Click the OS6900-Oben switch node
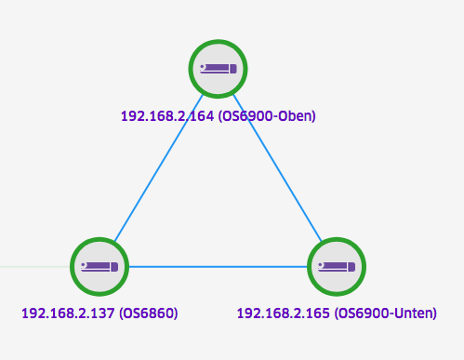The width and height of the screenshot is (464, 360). tap(218, 69)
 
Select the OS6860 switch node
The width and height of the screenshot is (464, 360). tap(99, 267)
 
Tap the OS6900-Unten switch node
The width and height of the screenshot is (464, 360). tap(337, 267)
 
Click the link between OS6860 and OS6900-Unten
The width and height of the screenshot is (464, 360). tap(219, 267)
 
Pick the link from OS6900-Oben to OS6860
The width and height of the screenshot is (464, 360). tap(159, 168)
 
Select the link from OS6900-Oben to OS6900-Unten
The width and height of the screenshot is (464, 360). tap(277, 168)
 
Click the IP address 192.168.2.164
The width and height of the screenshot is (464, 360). tap(167, 116)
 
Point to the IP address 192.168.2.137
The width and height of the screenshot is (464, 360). tap(68, 313)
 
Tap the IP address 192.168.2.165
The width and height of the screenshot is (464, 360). tap(284, 313)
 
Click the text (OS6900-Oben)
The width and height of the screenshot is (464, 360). tap(267, 116)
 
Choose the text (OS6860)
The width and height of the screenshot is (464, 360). tap(149, 313)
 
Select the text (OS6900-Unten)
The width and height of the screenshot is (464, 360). tap(386, 313)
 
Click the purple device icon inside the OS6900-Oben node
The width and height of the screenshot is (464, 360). tap(219, 69)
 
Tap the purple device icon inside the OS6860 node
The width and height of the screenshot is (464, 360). tap(99, 267)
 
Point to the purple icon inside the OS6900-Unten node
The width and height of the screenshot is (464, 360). tap(337, 267)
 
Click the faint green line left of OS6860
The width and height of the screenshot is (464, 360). tap(35, 267)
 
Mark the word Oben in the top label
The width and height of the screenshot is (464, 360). tap(295, 116)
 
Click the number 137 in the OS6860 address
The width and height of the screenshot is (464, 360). tap(103, 313)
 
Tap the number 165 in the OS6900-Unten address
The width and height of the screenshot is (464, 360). tap(319, 313)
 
